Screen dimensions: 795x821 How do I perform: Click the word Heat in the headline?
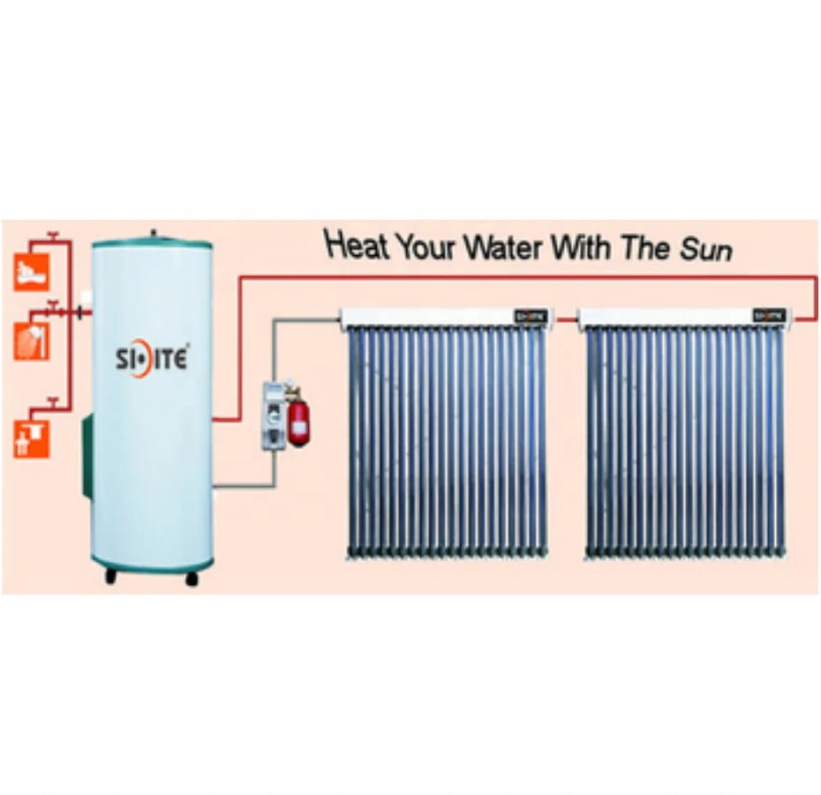[357, 244]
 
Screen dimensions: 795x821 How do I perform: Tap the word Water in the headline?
[505, 246]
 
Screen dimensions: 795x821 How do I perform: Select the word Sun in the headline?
[705, 250]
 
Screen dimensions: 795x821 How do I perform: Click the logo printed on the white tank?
[151, 360]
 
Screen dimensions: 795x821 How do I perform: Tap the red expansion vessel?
[301, 424]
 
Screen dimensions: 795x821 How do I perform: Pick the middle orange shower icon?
[30, 341]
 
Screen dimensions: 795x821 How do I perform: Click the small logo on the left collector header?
[532, 315]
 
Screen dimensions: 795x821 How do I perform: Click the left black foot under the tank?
[111, 577]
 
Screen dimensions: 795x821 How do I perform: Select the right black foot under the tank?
[191, 578]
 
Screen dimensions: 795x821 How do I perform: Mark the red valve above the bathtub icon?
[54, 236]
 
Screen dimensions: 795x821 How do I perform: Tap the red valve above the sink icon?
[53, 403]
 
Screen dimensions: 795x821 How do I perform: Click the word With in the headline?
[580, 246]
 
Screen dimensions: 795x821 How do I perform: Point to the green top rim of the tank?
[153, 242]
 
